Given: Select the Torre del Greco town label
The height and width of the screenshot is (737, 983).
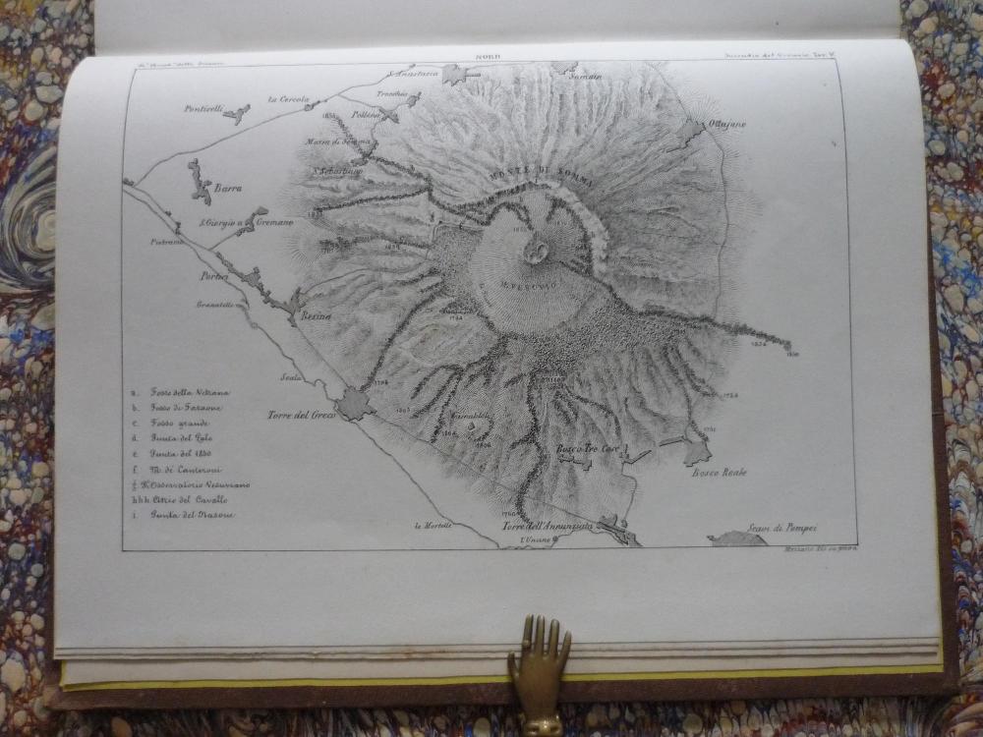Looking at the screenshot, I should coord(302,415).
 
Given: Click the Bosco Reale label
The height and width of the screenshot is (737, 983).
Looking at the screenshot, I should coord(720,473).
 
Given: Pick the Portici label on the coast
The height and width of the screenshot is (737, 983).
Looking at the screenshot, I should coord(214,276).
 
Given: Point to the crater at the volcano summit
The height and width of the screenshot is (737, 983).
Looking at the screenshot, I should coord(537,252).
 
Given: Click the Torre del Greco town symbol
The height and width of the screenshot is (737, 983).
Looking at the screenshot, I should coord(353,404).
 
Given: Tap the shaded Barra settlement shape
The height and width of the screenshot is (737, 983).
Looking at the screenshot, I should coord(200,183).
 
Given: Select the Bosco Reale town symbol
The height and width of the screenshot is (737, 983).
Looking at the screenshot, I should coord(697,452).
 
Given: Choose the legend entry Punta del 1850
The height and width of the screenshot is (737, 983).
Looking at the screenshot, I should coord(177,454).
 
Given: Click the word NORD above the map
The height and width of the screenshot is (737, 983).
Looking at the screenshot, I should coord(488,57).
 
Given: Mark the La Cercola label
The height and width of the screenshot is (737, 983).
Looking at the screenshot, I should coord(288,98).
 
